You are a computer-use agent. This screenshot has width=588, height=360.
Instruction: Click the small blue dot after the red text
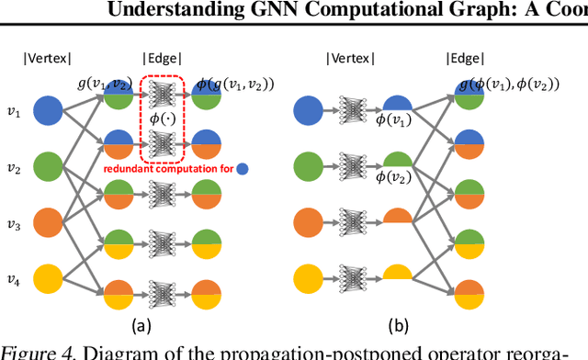[242, 168]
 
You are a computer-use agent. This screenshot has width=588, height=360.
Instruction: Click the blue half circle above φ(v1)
[399, 105]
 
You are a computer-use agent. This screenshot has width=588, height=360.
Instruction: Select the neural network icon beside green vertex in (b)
[353, 167]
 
